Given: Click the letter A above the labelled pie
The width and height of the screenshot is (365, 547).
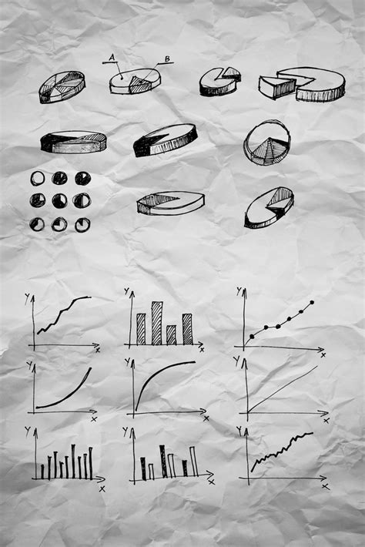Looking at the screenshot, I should (112, 57).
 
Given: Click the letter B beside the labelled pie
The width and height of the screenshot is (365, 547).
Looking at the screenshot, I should (167, 59).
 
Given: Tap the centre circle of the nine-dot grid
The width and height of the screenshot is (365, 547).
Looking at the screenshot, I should (59, 200).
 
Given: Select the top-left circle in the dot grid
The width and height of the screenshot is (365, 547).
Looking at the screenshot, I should (37, 178).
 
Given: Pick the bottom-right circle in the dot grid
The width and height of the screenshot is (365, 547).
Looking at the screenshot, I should (82, 224).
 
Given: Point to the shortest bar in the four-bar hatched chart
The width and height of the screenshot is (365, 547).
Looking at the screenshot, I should (171, 334).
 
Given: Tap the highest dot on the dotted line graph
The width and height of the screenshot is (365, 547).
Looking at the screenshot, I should (312, 303).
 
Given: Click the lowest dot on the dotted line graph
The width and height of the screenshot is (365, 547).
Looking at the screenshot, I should (252, 337).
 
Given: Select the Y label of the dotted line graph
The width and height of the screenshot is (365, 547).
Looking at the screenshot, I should (239, 291).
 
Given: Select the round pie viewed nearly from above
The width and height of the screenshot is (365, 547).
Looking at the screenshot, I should (267, 143).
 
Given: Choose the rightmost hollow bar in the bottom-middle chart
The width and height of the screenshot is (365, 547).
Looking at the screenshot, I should (193, 461).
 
